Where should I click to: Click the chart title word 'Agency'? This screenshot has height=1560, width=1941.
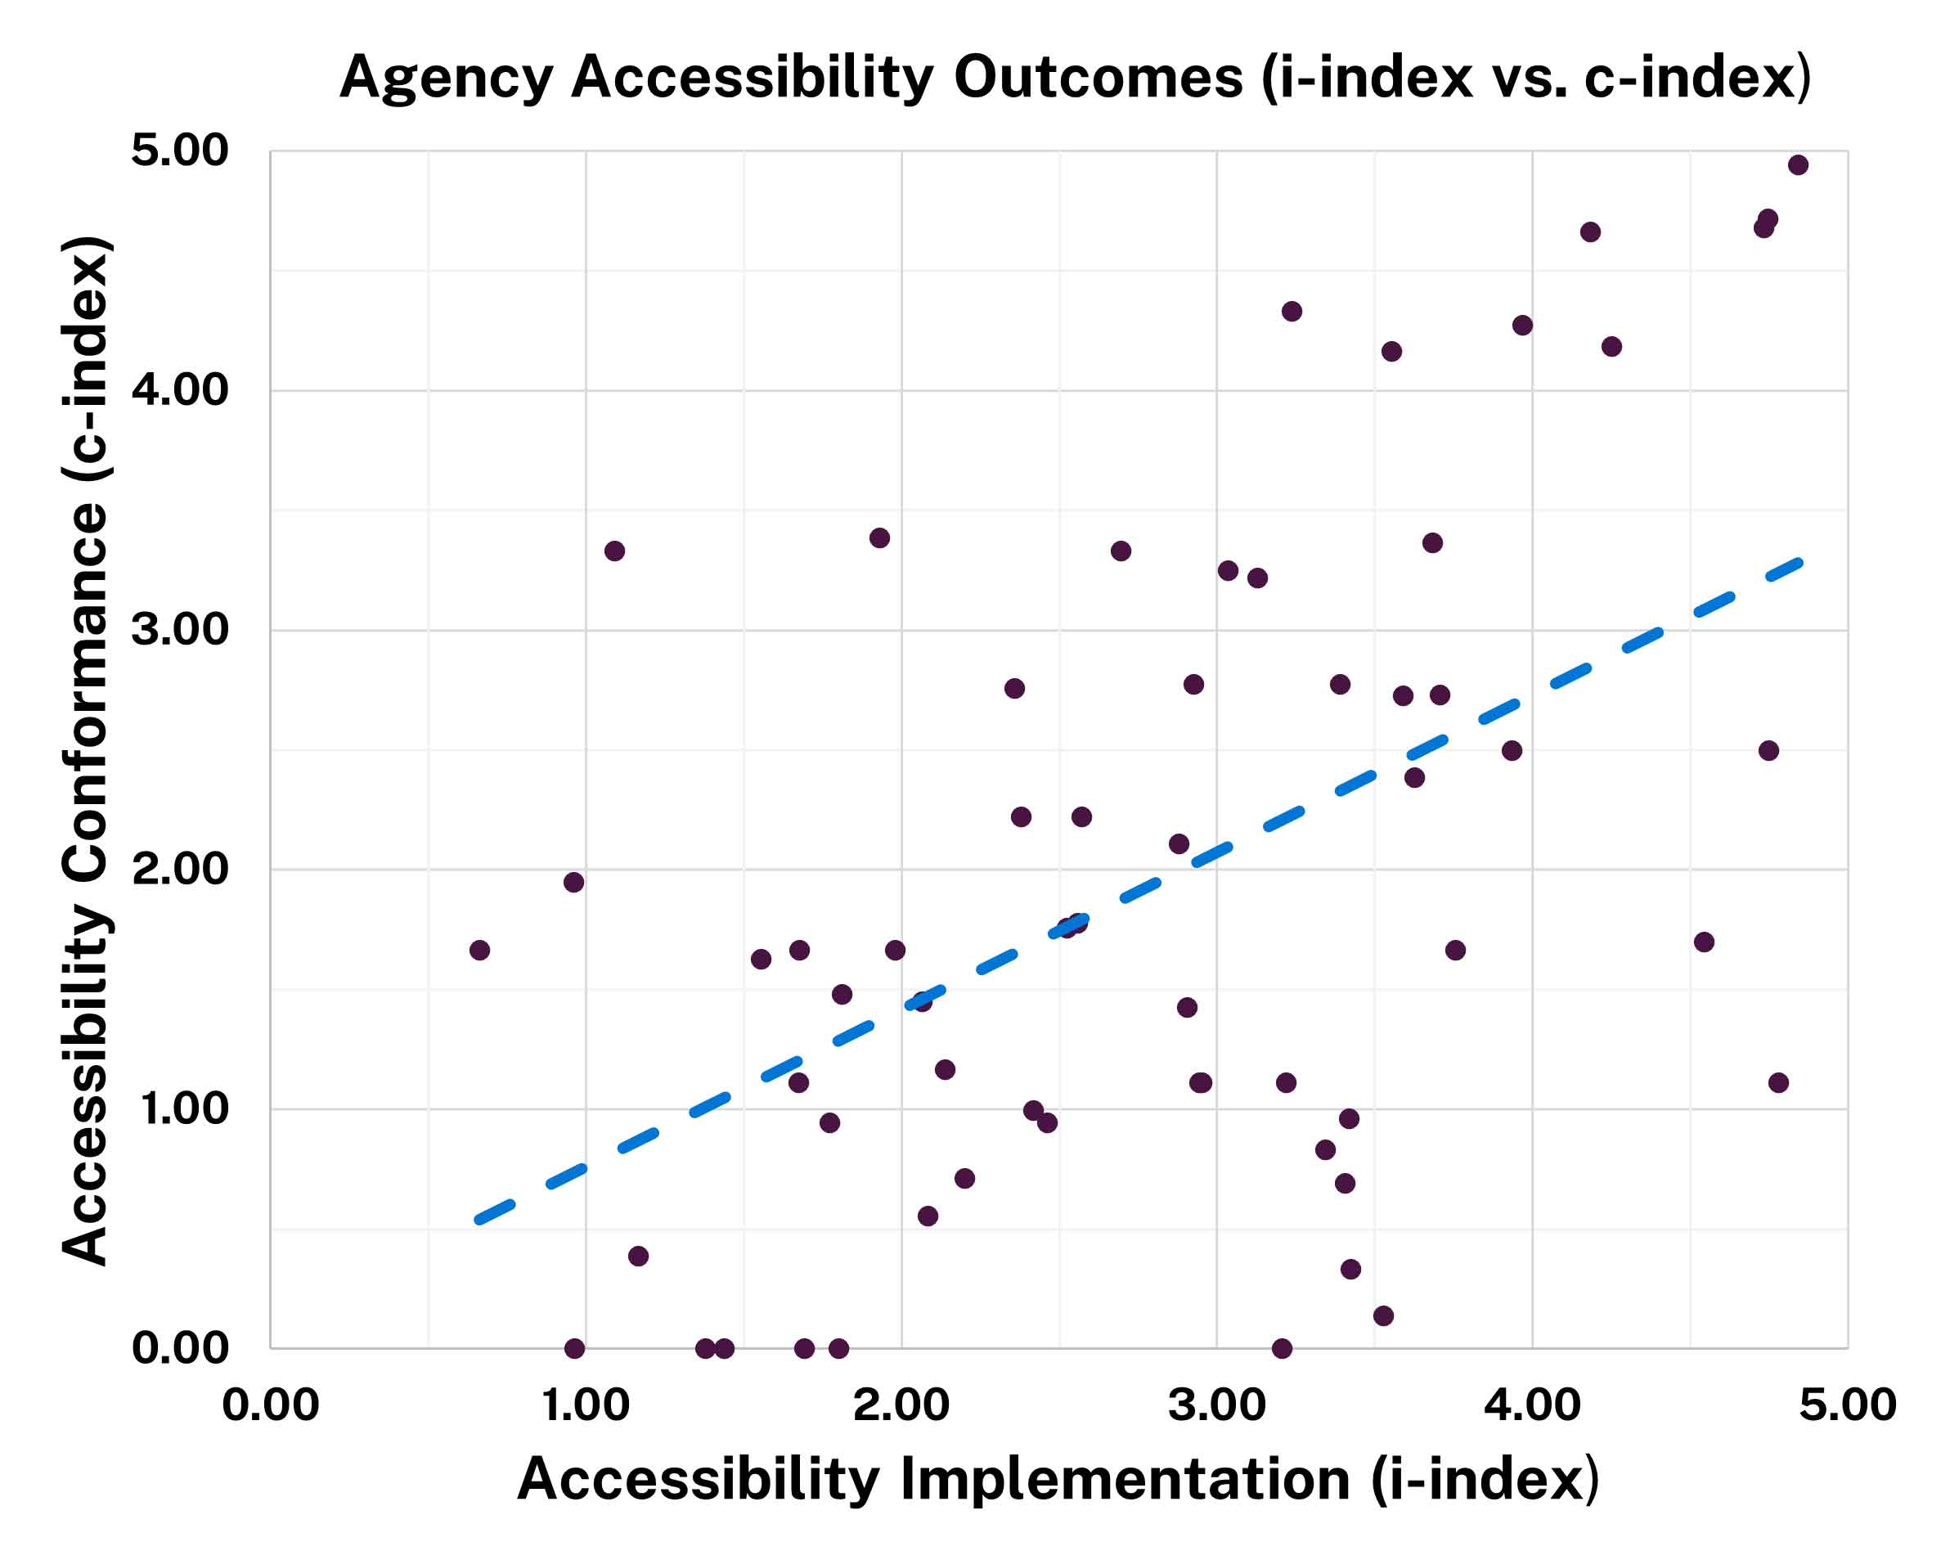pos(446,79)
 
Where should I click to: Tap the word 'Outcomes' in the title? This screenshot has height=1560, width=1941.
pos(1098,79)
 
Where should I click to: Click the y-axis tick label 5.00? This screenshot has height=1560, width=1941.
pos(180,151)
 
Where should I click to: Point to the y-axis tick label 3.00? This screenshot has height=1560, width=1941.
pos(180,630)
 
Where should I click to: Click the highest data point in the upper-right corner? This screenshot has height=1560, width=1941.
pos(1798,164)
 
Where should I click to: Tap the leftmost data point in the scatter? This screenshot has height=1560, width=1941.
pos(480,951)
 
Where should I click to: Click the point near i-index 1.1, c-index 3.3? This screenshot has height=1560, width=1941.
pos(615,551)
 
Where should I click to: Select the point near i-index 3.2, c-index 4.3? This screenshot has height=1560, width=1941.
pos(1292,312)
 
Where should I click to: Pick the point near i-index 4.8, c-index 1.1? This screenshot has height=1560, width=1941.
pos(1778,1083)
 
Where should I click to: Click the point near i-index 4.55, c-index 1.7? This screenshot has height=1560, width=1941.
pos(1703,942)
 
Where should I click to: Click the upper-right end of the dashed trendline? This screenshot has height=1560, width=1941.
pos(1798,563)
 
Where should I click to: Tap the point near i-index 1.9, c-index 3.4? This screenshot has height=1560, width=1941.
pos(879,538)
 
